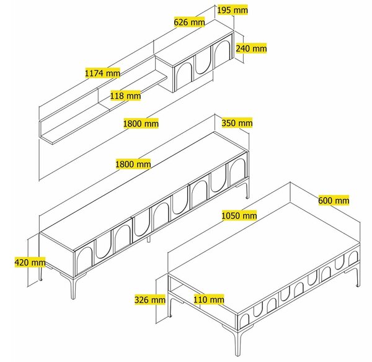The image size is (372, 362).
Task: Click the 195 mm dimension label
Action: [232, 10]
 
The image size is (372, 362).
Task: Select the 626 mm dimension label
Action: [189, 22]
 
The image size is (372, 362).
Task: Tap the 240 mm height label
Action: [251, 48]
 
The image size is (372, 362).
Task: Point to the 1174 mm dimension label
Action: [102, 73]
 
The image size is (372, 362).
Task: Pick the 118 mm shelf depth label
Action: [125, 96]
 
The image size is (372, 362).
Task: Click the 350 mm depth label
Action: [237, 123]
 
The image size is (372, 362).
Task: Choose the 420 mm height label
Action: [30, 263]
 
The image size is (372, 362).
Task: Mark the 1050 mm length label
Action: [239, 215]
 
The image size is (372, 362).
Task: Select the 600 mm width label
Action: [334, 201]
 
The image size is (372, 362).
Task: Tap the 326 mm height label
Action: [150, 299]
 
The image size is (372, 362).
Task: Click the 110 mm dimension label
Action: [209, 299]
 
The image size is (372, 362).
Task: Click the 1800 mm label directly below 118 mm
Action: [141, 124]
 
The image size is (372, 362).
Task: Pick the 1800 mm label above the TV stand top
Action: [133, 164]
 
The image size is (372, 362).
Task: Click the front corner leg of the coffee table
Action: [237, 342]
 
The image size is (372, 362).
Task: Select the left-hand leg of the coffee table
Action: [170, 305]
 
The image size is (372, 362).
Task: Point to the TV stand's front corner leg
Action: [73, 288]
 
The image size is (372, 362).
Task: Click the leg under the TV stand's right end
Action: [247, 188]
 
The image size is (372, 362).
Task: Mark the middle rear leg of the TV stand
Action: [149, 239]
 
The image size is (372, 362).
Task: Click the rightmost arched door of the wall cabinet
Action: [223, 52]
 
